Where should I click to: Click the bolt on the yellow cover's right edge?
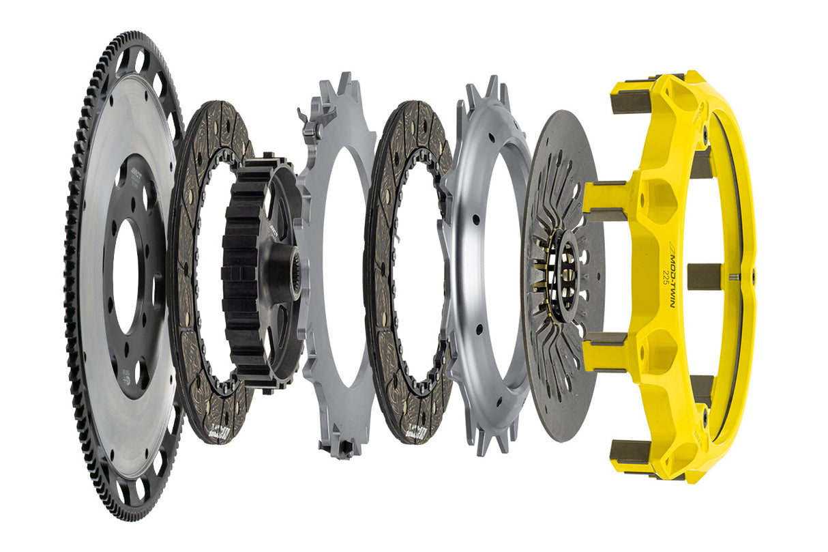point(753,276)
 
